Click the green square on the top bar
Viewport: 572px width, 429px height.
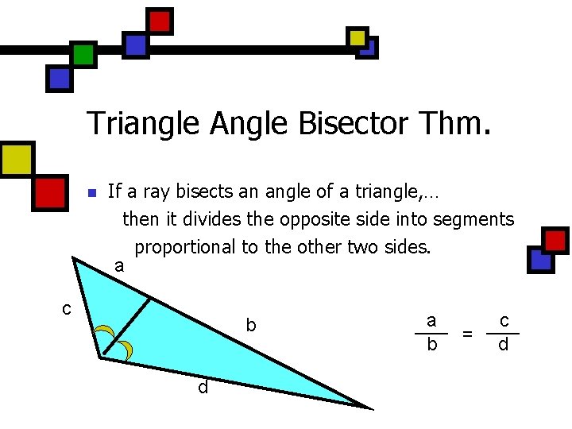83,54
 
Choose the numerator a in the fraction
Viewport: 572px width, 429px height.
431,320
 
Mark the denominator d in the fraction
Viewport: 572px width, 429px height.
503,346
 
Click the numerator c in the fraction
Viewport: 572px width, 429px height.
504,320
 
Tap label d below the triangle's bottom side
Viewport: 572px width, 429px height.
203,387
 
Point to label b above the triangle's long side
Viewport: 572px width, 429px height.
251,325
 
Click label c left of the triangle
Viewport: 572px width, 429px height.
68,307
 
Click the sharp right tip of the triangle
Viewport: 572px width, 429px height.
369,408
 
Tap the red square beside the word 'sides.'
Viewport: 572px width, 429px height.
555,239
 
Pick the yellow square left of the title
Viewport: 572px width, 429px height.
16,158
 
